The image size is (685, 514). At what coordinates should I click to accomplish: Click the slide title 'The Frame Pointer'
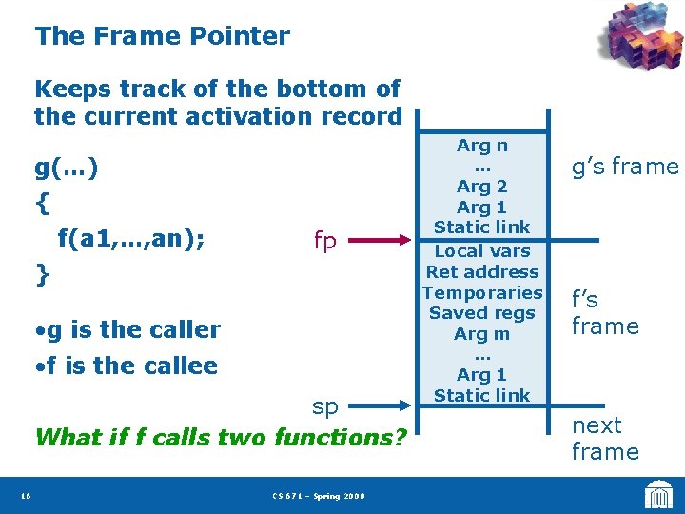[162, 37]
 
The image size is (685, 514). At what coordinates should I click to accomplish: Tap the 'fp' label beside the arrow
[324, 241]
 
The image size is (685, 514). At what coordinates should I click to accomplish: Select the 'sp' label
[324, 406]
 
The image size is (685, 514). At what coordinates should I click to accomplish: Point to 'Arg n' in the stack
[481, 146]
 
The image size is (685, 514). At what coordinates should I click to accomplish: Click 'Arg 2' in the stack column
[481, 187]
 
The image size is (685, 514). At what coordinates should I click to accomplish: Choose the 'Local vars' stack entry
[481, 251]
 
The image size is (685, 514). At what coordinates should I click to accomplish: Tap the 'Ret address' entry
[481, 272]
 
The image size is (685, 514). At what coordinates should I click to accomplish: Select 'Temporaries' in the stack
[481, 292]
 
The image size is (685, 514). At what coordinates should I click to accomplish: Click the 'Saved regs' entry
[481, 313]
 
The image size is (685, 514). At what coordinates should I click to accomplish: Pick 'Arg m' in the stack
[481, 334]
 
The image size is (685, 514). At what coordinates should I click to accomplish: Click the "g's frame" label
[624, 168]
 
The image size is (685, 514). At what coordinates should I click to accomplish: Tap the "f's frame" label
[604, 313]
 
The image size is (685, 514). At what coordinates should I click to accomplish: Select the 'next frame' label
[604, 438]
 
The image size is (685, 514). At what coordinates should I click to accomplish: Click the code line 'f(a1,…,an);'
[130, 238]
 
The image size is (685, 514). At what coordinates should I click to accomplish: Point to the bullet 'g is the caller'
[127, 329]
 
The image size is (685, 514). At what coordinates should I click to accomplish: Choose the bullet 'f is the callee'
[126, 366]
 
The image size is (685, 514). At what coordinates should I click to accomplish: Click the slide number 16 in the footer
[25, 495]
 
